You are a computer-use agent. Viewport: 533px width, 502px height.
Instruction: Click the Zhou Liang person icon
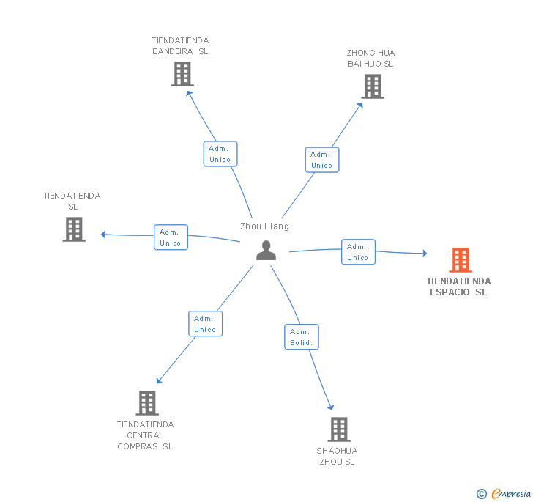(x=266, y=251)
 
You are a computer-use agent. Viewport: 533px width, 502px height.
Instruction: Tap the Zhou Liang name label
(x=264, y=226)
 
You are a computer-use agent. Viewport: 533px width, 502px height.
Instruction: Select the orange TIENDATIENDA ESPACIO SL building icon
(x=460, y=260)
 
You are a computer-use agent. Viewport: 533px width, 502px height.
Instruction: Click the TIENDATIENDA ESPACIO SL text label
(x=459, y=287)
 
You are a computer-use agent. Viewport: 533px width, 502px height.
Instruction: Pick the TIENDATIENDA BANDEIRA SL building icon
(x=182, y=74)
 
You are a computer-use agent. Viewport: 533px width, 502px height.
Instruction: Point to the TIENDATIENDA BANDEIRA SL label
(x=180, y=46)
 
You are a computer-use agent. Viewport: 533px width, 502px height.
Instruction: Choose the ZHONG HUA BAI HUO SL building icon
(x=372, y=86)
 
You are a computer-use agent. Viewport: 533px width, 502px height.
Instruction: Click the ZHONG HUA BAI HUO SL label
(x=370, y=59)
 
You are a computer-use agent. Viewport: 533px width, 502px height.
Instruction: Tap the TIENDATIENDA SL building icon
(x=74, y=229)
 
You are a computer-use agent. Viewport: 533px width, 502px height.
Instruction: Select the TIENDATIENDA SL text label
(x=72, y=202)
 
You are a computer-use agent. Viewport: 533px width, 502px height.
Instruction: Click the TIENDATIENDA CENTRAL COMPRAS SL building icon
(x=147, y=402)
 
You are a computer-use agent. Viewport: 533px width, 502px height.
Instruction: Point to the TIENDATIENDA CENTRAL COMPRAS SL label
(x=145, y=435)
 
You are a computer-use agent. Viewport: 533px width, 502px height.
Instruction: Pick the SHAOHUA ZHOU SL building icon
(x=338, y=429)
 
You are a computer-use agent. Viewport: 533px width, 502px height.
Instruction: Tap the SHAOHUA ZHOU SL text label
(x=337, y=456)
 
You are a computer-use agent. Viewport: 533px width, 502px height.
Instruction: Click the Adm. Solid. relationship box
(x=301, y=337)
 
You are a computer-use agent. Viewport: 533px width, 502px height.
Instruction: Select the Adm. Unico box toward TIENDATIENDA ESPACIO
(x=358, y=252)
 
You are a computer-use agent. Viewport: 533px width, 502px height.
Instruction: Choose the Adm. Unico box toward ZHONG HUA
(x=321, y=160)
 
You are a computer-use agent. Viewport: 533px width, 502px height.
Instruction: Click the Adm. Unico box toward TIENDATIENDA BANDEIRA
(x=220, y=154)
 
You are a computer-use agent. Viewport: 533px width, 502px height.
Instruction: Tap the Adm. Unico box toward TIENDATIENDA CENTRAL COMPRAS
(x=205, y=324)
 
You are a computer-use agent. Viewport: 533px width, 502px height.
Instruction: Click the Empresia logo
(x=504, y=493)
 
